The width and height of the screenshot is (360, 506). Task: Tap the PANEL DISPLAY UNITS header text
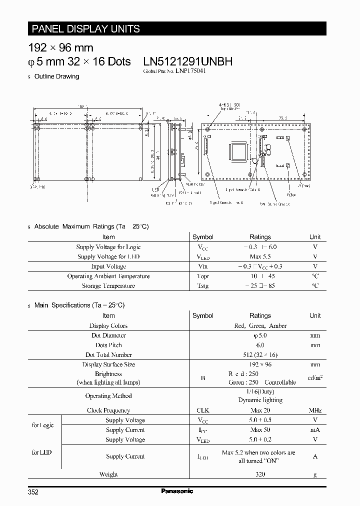(x=85, y=28)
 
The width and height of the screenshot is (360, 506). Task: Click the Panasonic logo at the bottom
(x=177, y=491)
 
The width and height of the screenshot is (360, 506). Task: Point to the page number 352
(x=33, y=492)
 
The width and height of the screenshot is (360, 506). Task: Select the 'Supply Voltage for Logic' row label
(x=108, y=247)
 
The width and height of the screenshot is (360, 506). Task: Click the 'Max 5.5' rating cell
(x=260, y=256)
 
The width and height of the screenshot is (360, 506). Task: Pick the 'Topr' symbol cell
(x=203, y=276)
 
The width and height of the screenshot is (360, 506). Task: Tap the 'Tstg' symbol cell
(x=203, y=286)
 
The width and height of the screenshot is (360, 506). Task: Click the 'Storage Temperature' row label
(x=108, y=286)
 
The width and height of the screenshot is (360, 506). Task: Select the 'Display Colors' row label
(x=108, y=325)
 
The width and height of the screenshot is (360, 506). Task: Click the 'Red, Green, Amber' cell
(x=260, y=325)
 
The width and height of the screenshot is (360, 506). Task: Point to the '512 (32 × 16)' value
(x=260, y=354)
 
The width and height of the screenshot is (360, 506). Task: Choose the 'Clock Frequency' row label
(x=108, y=410)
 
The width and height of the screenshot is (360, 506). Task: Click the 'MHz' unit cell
(x=315, y=410)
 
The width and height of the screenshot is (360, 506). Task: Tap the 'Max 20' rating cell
(x=260, y=410)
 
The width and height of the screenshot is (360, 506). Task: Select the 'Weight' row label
(x=108, y=474)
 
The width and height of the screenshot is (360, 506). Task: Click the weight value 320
(x=260, y=474)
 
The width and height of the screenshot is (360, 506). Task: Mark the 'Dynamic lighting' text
(x=260, y=400)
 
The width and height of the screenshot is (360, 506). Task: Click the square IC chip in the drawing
(x=237, y=152)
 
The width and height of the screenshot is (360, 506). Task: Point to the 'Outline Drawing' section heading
(x=56, y=76)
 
